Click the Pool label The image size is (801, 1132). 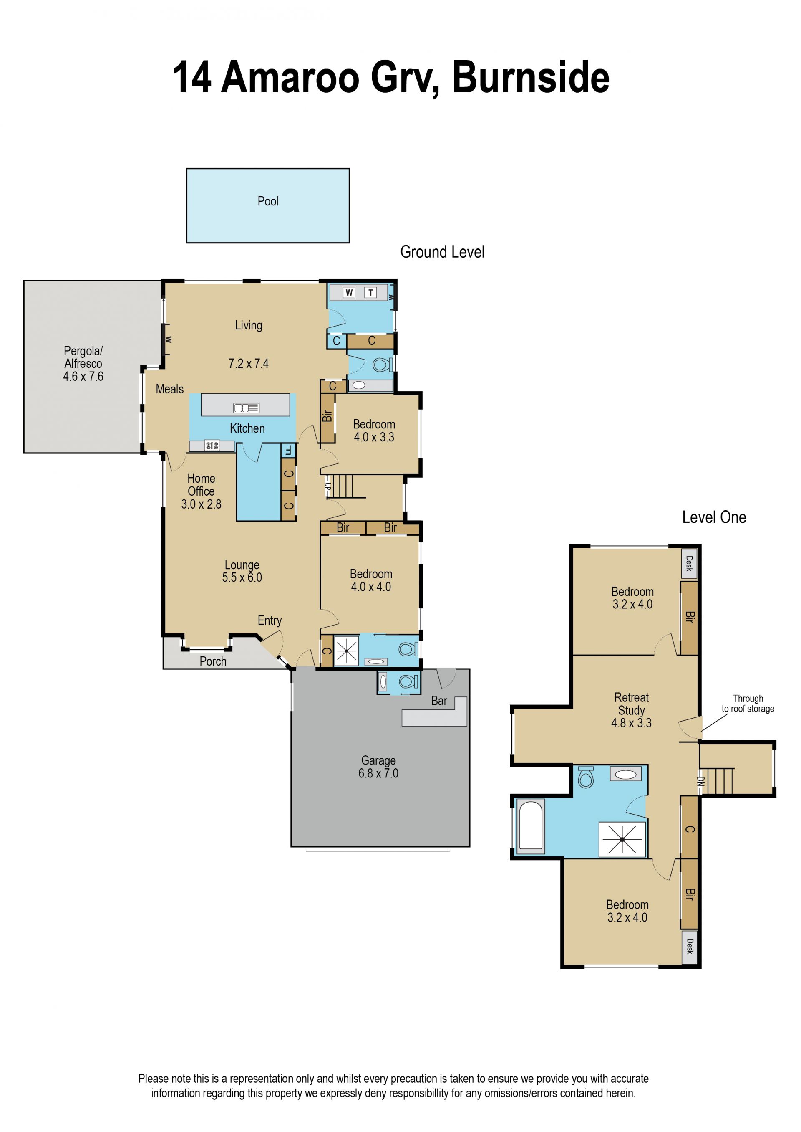tap(268, 201)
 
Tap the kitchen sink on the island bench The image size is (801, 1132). tap(246, 408)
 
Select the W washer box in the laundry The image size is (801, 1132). tap(349, 292)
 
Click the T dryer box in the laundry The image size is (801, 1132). tap(370, 292)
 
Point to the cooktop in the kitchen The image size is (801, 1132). tap(212, 446)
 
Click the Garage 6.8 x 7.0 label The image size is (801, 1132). tap(378, 767)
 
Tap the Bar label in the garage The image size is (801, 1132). tap(439, 701)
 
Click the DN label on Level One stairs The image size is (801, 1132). tap(700, 782)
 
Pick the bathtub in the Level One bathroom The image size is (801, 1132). tap(531, 826)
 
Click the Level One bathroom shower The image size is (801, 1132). tap(622, 839)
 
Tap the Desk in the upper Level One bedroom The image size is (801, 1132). tap(689, 563)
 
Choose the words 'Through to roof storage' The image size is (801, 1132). tap(748, 704)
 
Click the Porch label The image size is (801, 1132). tap(213, 661)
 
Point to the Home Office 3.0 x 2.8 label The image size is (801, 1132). tap(201, 491)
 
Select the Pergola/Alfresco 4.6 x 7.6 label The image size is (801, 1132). tap(83, 364)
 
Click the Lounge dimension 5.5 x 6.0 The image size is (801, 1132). tap(242, 577)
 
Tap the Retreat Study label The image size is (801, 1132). tap(631, 704)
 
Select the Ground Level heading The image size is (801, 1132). tap(442, 252)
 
